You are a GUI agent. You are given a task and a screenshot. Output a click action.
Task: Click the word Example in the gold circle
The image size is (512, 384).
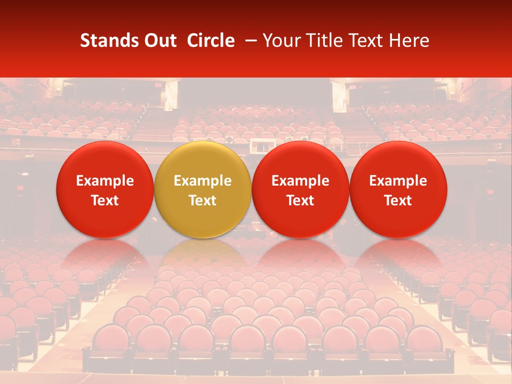203,181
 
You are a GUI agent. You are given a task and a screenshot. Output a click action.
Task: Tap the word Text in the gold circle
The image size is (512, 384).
203,201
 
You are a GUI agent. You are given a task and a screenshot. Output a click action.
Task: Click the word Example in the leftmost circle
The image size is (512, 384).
105,181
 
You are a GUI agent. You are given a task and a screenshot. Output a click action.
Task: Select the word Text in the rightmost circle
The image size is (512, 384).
398,201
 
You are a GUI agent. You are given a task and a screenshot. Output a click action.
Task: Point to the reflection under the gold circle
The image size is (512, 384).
203,253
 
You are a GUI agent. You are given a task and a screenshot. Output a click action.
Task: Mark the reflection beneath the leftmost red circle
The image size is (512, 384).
105,253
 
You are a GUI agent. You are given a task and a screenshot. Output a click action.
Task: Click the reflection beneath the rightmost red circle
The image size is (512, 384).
398,253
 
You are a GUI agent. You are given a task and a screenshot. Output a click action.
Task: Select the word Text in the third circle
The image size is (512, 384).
300,201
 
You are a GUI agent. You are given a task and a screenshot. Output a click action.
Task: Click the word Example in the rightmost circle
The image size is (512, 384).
398,181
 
